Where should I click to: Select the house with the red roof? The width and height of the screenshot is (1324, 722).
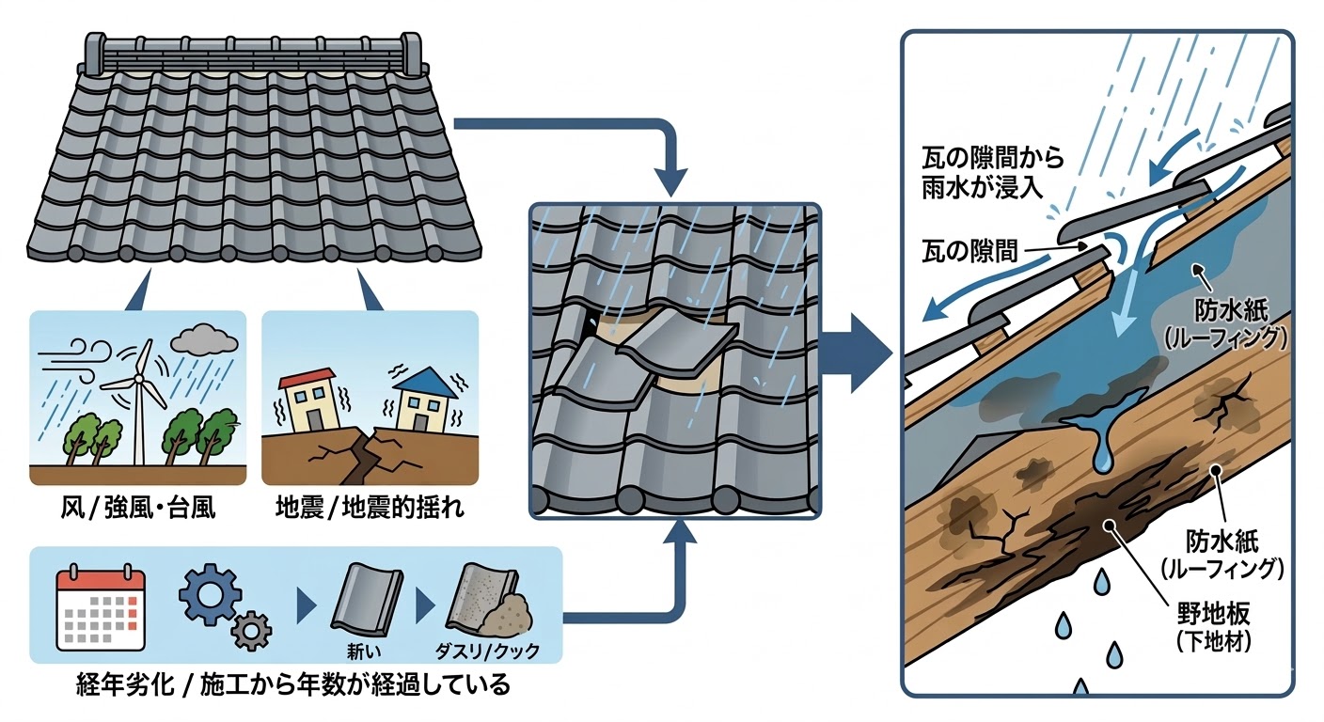click(307, 400)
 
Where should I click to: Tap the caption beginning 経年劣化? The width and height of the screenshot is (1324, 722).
click(292, 683)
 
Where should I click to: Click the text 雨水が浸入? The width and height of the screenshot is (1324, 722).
click(979, 185)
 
